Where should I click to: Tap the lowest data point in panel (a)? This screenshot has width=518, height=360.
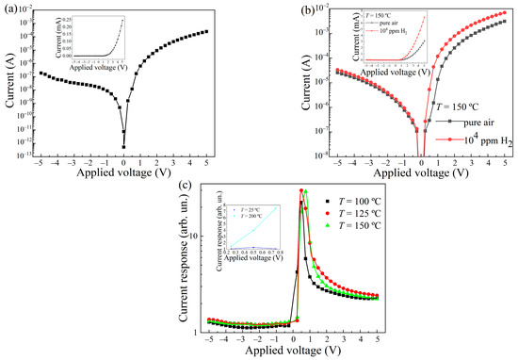122,146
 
